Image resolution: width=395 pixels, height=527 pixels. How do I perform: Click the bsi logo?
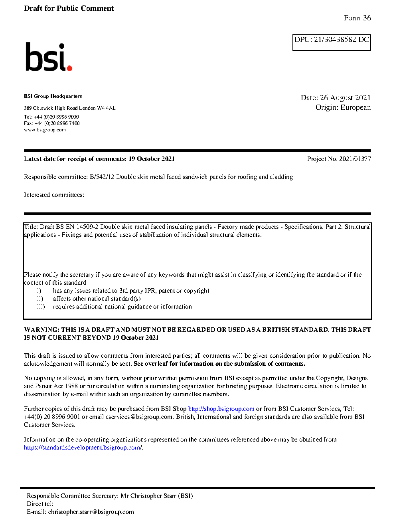point(48,57)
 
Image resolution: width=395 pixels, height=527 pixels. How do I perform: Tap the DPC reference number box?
point(332,42)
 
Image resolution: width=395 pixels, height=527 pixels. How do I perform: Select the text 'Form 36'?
point(357,18)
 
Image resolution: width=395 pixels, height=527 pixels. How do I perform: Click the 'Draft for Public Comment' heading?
point(69,8)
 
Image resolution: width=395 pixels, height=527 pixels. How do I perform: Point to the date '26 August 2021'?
point(345,98)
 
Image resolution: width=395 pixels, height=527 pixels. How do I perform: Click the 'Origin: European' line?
point(343,107)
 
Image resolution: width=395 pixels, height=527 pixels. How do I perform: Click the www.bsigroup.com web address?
point(45,130)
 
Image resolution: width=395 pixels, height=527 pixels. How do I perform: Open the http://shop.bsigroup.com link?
point(221,409)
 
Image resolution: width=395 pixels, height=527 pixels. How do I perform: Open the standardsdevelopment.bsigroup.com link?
point(82,448)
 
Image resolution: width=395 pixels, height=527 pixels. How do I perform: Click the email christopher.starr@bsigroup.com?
point(91,512)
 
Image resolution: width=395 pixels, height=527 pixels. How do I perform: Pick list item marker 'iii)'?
point(41,307)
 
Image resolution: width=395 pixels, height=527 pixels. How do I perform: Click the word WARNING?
point(41,330)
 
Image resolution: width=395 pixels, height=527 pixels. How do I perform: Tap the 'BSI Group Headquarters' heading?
point(53,96)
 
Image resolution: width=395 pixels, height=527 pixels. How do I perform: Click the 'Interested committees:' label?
point(54,195)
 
